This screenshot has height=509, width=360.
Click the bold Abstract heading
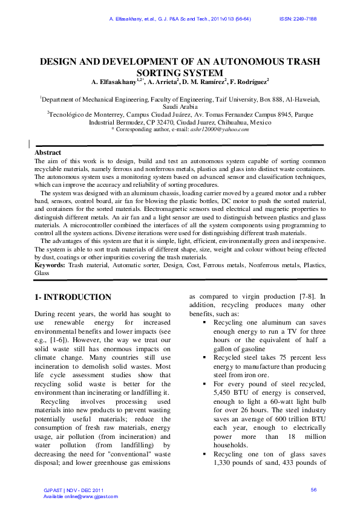48,153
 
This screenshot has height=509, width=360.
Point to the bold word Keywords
50,265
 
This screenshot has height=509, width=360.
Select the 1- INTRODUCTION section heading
73,297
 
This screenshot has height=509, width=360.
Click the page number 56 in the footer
313,489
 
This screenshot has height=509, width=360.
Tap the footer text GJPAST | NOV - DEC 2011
70,489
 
